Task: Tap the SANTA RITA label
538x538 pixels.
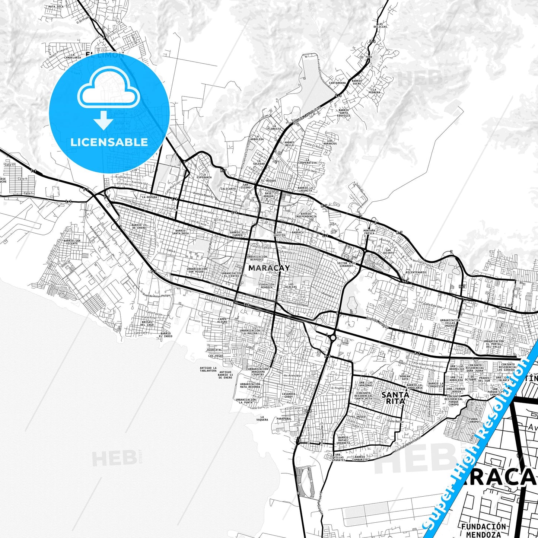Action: point(395,398)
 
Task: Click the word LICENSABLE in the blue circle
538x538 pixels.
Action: point(109,142)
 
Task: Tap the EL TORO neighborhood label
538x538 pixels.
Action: point(366,57)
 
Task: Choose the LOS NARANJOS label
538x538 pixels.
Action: point(330,142)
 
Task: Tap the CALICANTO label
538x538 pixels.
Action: point(228,189)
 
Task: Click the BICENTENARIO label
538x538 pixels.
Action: point(416,272)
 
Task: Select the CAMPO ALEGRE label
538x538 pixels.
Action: point(222,320)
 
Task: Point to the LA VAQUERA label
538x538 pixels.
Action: point(262,418)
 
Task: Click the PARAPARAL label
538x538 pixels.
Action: point(284,418)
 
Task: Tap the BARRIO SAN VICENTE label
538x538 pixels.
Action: point(72,242)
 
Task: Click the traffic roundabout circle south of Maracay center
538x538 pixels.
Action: point(332,338)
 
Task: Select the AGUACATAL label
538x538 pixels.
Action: point(214,350)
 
